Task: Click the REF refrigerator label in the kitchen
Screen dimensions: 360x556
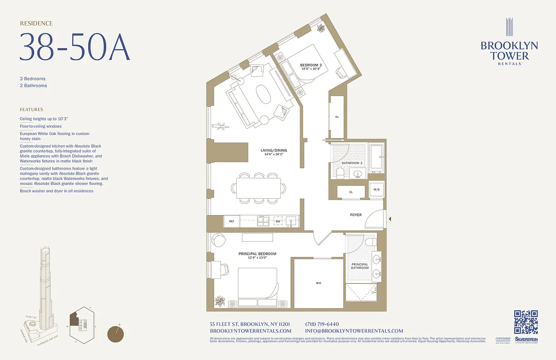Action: point(231,221)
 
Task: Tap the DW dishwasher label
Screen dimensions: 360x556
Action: point(278,221)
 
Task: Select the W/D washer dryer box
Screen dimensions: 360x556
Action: point(377,189)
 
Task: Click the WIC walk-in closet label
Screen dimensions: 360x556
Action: point(318,283)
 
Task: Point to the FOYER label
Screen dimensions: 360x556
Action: point(356,215)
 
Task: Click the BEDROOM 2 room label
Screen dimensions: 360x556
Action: point(311,65)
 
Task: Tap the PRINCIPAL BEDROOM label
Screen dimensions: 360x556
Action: point(257,254)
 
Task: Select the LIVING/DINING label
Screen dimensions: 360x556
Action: point(274,150)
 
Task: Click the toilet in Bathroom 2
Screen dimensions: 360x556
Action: point(340,172)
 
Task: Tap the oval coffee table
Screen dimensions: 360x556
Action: point(264,95)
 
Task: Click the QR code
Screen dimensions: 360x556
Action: point(526,322)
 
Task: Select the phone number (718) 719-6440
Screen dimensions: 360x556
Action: point(322,324)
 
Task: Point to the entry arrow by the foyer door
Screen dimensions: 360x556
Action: point(390,219)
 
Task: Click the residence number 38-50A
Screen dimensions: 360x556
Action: point(74,47)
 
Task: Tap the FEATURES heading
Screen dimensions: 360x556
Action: point(31,109)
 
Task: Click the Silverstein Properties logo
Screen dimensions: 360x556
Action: point(526,341)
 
